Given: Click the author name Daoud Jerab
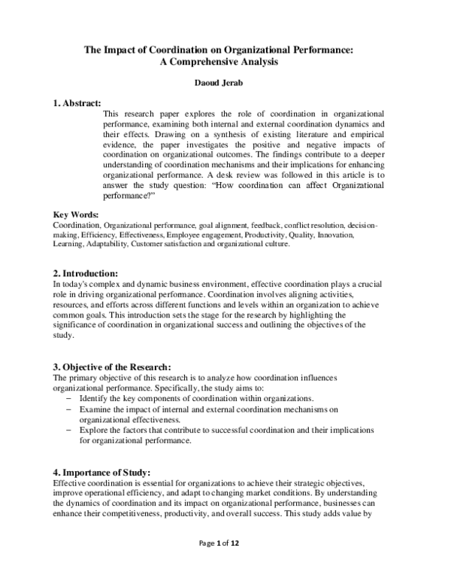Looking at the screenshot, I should [x=225, y=87].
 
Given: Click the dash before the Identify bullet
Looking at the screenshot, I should [x=69, y=397].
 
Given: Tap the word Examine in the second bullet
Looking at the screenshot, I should [x=95, y=408].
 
